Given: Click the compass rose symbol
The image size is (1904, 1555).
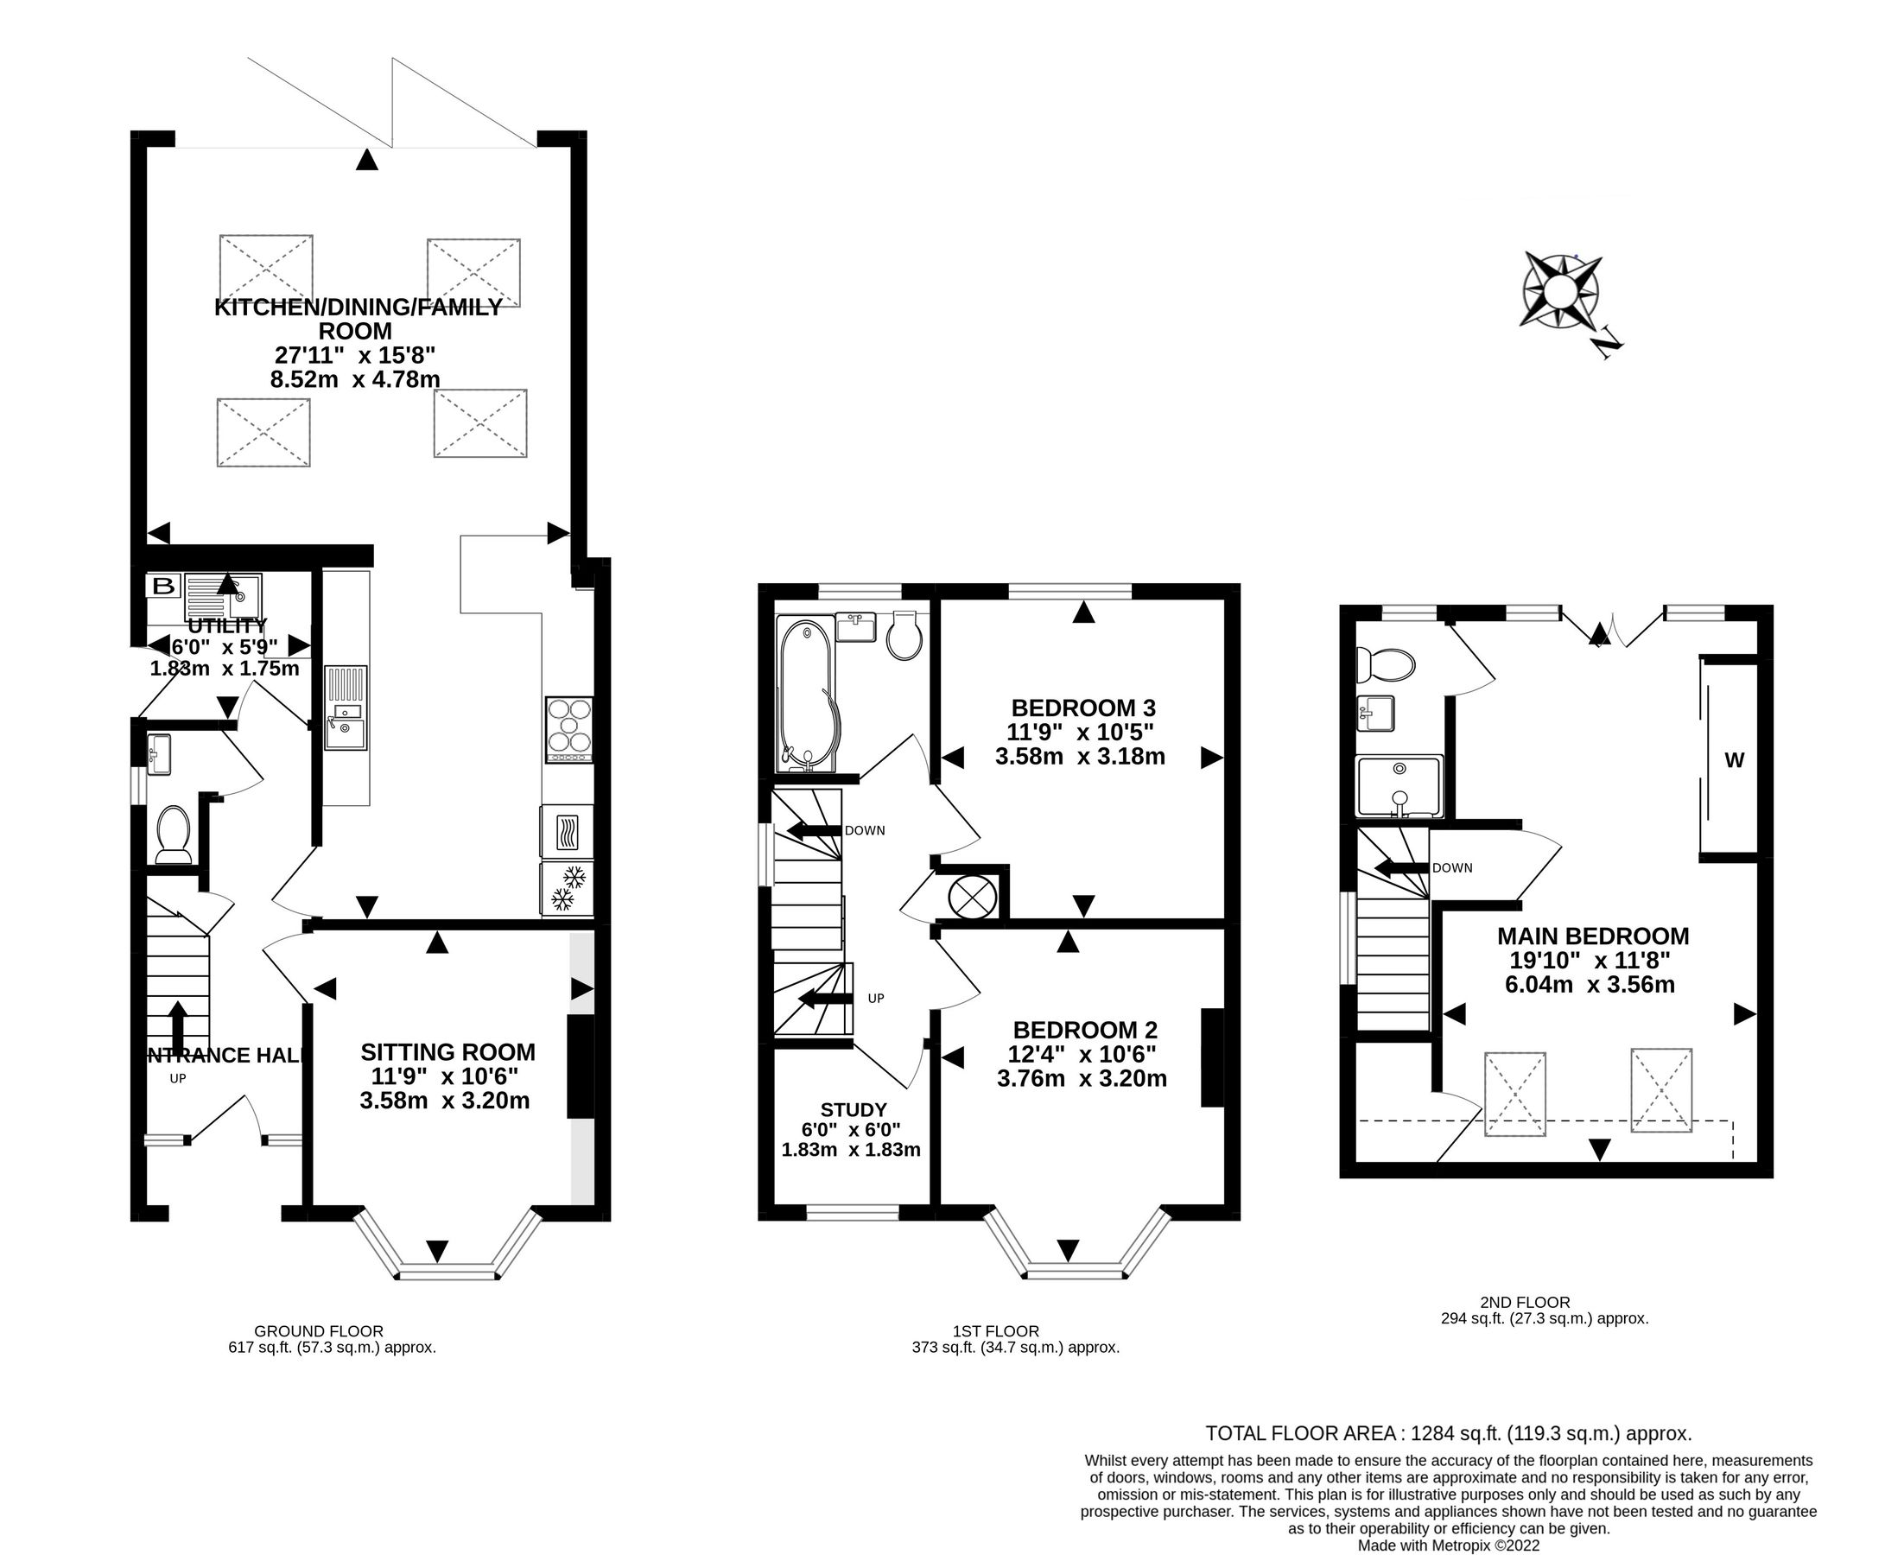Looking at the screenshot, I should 1561,291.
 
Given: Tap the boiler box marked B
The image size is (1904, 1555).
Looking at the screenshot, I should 163,587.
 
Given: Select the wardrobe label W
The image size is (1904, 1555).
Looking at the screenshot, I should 1734,760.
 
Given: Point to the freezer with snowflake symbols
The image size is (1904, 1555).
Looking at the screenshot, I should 568,888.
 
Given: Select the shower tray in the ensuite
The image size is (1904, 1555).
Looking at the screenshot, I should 1399,786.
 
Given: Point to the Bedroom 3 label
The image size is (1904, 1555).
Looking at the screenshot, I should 1082,708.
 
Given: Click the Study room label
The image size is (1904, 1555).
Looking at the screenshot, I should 854,1110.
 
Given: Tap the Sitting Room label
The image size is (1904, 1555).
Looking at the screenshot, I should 447,1051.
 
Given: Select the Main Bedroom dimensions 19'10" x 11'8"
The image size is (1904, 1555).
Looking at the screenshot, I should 1591,961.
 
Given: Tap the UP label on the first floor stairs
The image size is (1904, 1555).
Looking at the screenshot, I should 875,998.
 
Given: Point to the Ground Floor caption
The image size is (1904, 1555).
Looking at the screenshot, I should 318,1331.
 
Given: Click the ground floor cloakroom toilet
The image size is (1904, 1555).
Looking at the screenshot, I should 173,833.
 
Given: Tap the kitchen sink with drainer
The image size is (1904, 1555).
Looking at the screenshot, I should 345,708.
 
